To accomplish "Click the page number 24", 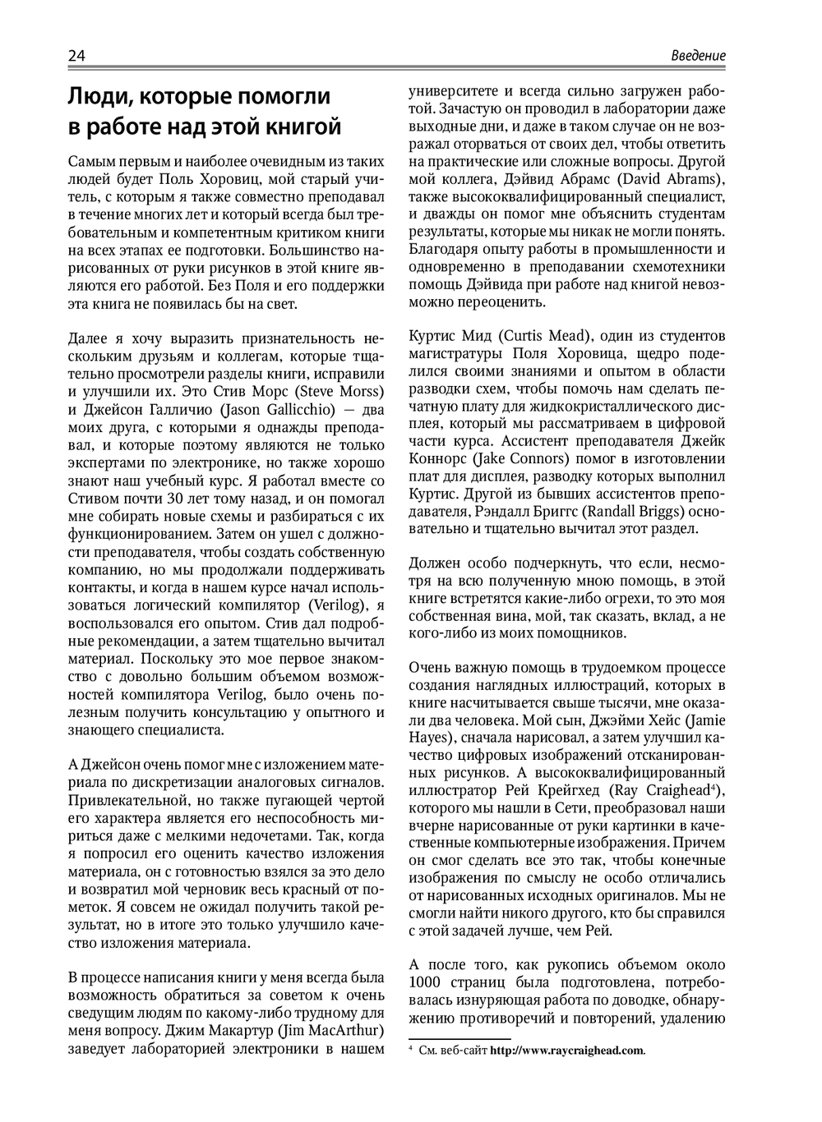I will coord(76,56).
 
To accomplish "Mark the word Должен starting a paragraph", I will coord(436,563).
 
